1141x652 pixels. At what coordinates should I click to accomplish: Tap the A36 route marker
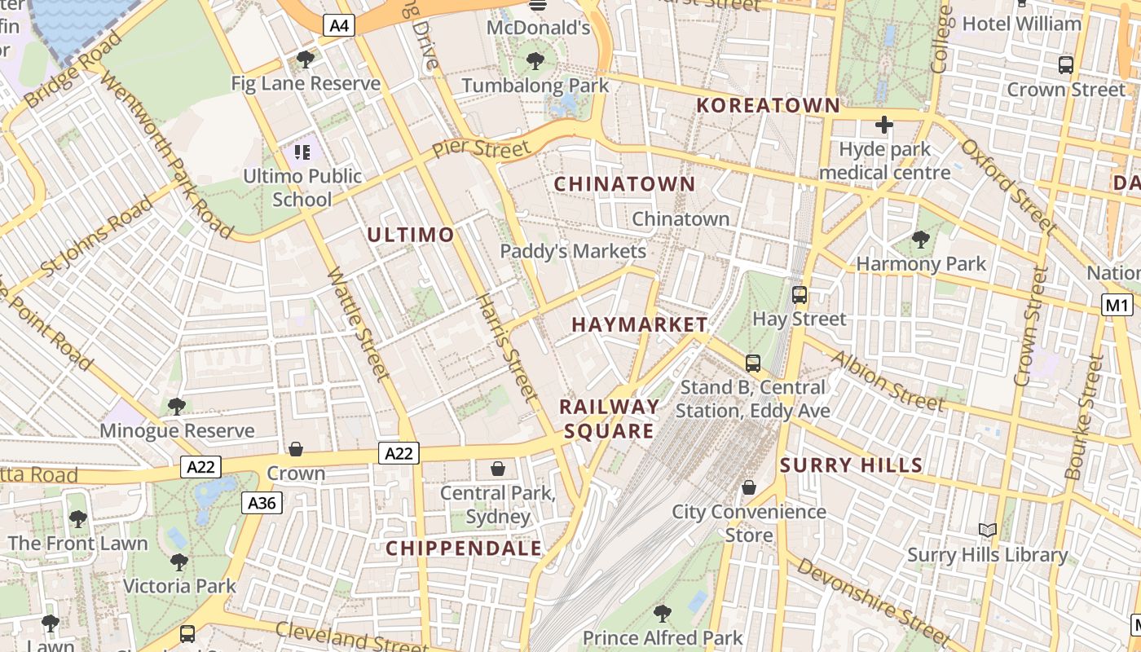click(262, 503)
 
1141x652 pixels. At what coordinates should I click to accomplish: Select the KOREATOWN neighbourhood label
click(768, 105)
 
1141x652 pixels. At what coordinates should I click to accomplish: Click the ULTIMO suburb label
click(410, 235)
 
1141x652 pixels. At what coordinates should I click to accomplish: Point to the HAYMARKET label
click(640, 324)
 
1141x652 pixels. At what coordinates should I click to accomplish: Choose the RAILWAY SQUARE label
click(609, 419)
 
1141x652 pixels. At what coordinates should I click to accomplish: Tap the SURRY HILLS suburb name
click(851, 465)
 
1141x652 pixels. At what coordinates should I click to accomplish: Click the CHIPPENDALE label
click(464, 548)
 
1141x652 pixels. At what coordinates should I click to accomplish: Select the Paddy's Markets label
click(573, 251)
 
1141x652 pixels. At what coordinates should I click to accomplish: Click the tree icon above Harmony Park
click(921, 240)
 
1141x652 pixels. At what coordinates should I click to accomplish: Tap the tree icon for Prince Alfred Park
click(663, 613)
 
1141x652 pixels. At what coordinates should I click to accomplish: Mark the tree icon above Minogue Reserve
click(176, 406)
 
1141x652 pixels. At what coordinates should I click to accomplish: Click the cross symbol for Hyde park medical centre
click(883, 125)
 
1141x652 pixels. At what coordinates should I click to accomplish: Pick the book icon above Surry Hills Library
click(988, 531)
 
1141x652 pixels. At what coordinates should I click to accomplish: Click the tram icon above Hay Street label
click(800, 295)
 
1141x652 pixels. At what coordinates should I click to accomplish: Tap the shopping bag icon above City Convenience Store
click(748, 487)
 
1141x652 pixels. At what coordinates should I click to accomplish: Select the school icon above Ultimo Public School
click(302, 152)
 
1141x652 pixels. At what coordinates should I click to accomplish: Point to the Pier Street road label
click(481, 149)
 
